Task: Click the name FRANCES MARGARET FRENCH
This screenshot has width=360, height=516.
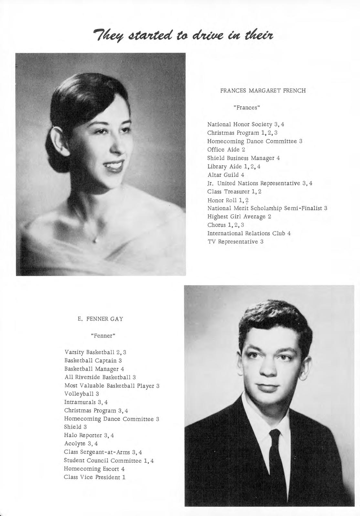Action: click(263, 91)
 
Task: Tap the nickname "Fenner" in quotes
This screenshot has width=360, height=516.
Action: click(103, 336)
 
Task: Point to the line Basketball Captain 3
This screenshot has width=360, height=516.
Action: click(93, 360)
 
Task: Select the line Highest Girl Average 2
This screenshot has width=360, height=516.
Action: click(239, 217)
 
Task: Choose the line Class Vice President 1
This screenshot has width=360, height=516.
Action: click(94, 477)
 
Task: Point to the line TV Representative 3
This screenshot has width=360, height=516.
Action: click(235, 242)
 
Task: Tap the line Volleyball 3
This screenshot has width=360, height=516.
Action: click(81, 394)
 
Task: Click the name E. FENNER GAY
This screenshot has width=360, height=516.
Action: click(100, 319)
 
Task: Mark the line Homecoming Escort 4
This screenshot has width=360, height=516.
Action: click(94, 469)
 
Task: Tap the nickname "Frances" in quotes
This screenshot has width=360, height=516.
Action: click(247, 107)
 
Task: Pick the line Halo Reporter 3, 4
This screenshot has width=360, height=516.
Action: click(89, 435)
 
